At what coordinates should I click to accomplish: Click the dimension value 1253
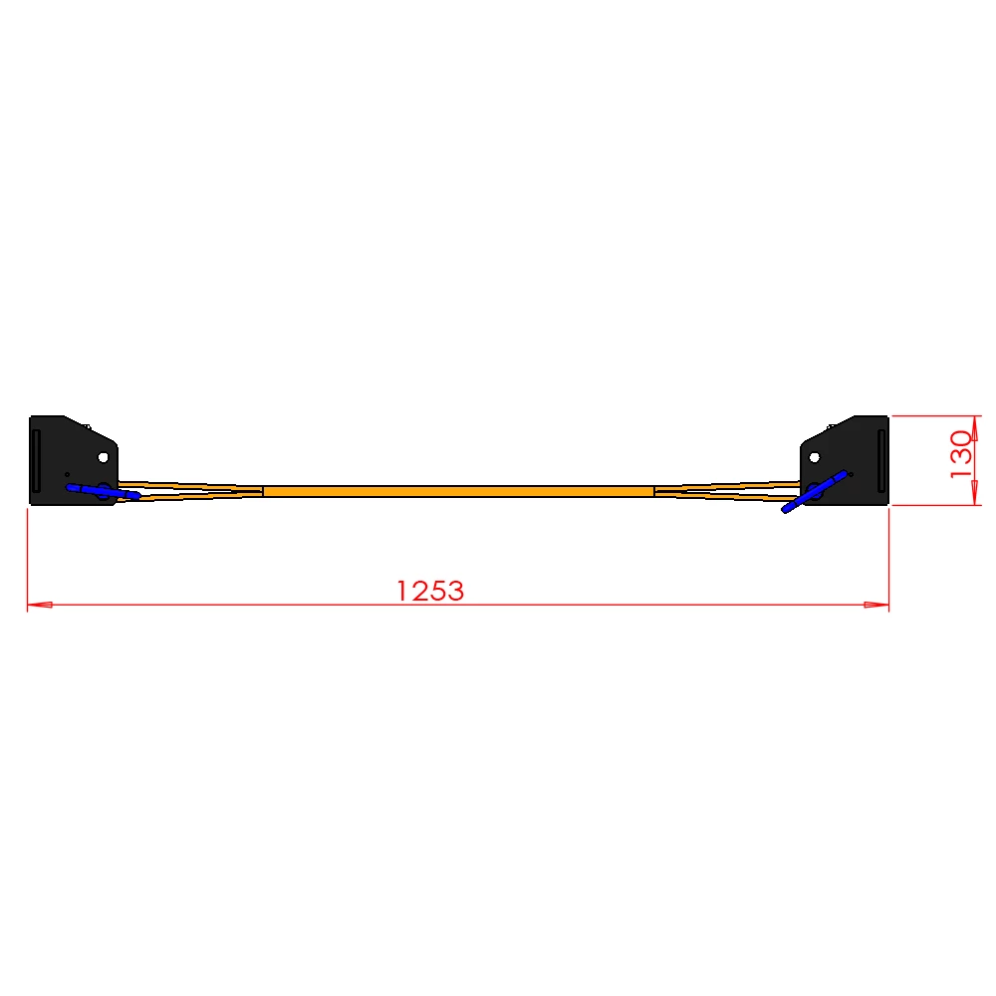coord(430,591)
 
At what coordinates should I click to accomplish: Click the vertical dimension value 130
coord(960,454)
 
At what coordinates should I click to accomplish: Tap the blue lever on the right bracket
coord(814,491)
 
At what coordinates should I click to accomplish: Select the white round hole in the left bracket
coord(103,457)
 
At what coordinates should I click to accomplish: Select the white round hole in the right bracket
coord(814,457)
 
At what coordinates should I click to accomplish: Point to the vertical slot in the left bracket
coord(37,460)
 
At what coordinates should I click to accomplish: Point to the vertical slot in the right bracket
coord(880,460)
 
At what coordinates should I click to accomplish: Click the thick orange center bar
coord(458,491)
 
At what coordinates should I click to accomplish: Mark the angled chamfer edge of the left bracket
coord(91,429)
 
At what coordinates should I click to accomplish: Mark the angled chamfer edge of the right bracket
coord(828,429)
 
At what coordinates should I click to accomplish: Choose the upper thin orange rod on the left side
coord(189,484)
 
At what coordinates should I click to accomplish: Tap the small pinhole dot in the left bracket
coord(67,474)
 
